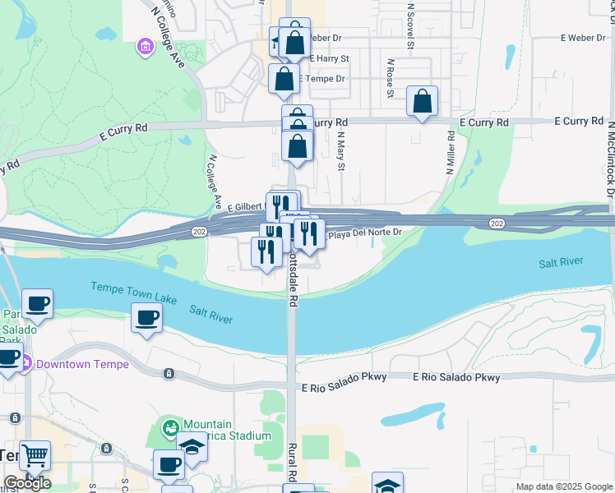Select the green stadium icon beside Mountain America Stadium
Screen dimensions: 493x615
[170, 427]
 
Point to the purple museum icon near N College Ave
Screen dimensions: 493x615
[146, 47]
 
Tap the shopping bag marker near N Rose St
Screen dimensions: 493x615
[422, 102]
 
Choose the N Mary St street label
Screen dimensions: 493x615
[340, 150]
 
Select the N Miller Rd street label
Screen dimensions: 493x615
[451, 153]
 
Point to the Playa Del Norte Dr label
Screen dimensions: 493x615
[365, 233]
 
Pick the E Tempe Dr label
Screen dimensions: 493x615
[323, 79]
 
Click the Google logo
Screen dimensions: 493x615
[27, 483]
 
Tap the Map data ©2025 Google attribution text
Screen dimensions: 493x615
[564, 486]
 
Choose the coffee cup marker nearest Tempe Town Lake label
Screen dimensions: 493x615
[147, 317]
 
